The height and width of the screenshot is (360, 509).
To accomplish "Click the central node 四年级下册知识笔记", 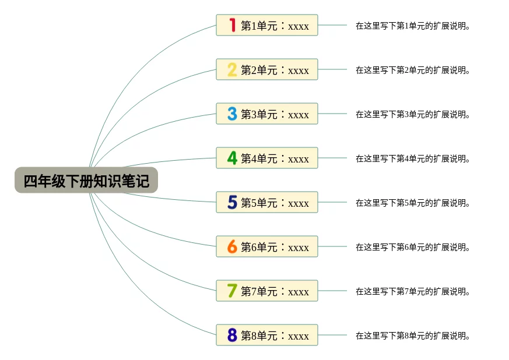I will (86, 181).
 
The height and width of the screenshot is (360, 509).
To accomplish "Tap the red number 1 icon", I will (232, 25).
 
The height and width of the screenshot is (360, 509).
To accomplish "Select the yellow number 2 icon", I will (232, 70).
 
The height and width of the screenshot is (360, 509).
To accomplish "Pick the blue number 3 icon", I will (232, 114).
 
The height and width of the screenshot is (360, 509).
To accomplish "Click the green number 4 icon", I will (232, 158).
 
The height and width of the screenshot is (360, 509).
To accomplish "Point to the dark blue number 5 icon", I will (232, 203).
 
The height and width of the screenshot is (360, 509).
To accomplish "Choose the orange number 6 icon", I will (232, 247).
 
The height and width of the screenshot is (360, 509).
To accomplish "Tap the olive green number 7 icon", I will (232, 291).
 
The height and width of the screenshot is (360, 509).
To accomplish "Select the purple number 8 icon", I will (232, 336).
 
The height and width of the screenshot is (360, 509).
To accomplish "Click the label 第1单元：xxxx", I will (275, 26).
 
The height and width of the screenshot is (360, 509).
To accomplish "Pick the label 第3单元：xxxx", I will (275, 114).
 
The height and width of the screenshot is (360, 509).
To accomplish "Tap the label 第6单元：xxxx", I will (275, 247).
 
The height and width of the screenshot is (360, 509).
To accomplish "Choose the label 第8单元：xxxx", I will (275, 336).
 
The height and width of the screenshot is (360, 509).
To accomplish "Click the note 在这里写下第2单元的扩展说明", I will (413, 70).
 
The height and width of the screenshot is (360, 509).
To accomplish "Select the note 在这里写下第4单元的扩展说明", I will (413, 158).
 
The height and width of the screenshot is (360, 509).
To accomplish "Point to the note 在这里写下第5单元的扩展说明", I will (413, 203).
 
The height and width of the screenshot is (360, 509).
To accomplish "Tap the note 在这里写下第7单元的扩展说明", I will (413, 291).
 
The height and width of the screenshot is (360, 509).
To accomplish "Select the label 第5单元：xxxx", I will (275, 203).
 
